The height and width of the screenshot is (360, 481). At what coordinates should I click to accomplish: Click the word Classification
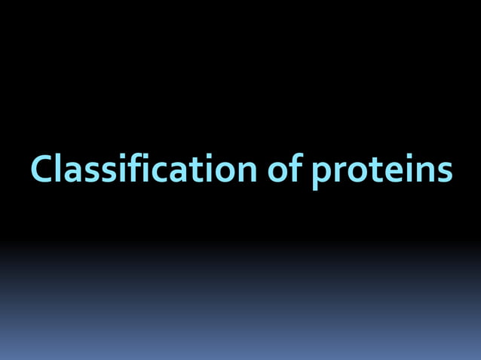tap(144, 169)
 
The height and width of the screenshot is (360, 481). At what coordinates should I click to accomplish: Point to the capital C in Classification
tap(40, 169)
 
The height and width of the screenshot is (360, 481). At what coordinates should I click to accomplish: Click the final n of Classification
tap(247, 171)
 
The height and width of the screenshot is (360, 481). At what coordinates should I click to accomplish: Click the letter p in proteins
tap(321, 174)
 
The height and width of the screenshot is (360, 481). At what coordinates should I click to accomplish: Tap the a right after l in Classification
tap(70, 172)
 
